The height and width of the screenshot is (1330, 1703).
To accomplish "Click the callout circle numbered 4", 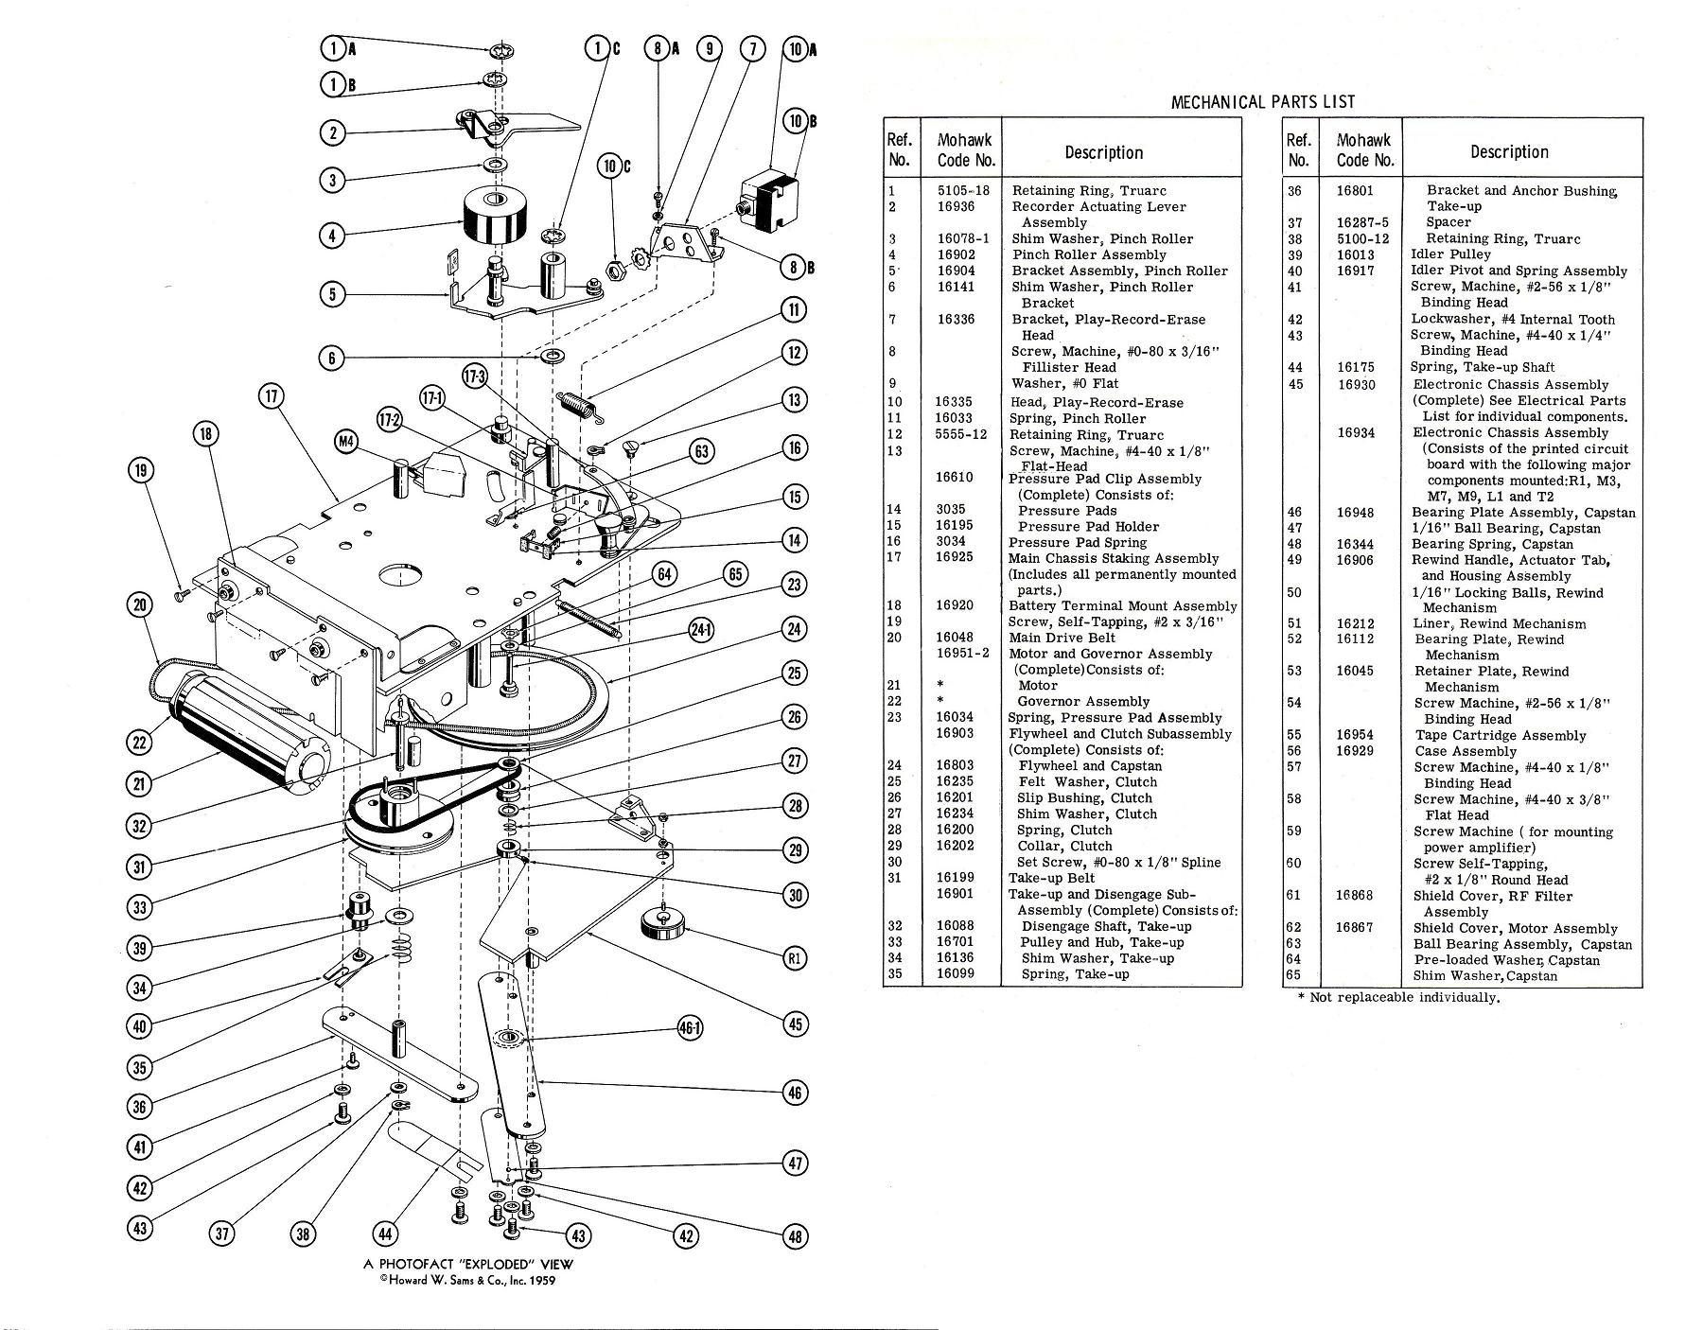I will point(331,236).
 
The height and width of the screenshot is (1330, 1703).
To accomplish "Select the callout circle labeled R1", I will point(795,957).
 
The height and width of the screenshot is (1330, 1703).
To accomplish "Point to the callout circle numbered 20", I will point(140,606).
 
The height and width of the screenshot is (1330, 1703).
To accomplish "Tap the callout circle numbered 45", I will point(795,1024).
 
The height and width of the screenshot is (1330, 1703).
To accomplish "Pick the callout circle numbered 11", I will point(795,309).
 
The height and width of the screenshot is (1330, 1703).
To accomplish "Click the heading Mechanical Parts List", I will point(1262,102).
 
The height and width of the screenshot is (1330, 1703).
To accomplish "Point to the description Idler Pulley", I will point(1450,254).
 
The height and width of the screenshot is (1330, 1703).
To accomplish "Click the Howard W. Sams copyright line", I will point(468,1281).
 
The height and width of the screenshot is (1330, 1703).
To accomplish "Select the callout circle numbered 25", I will point(795,674).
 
